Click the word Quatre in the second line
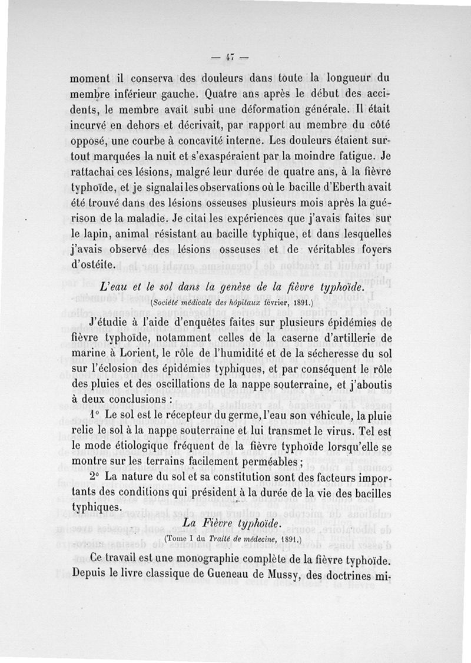(x=225, y=93)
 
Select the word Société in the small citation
(x=171, y=304)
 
